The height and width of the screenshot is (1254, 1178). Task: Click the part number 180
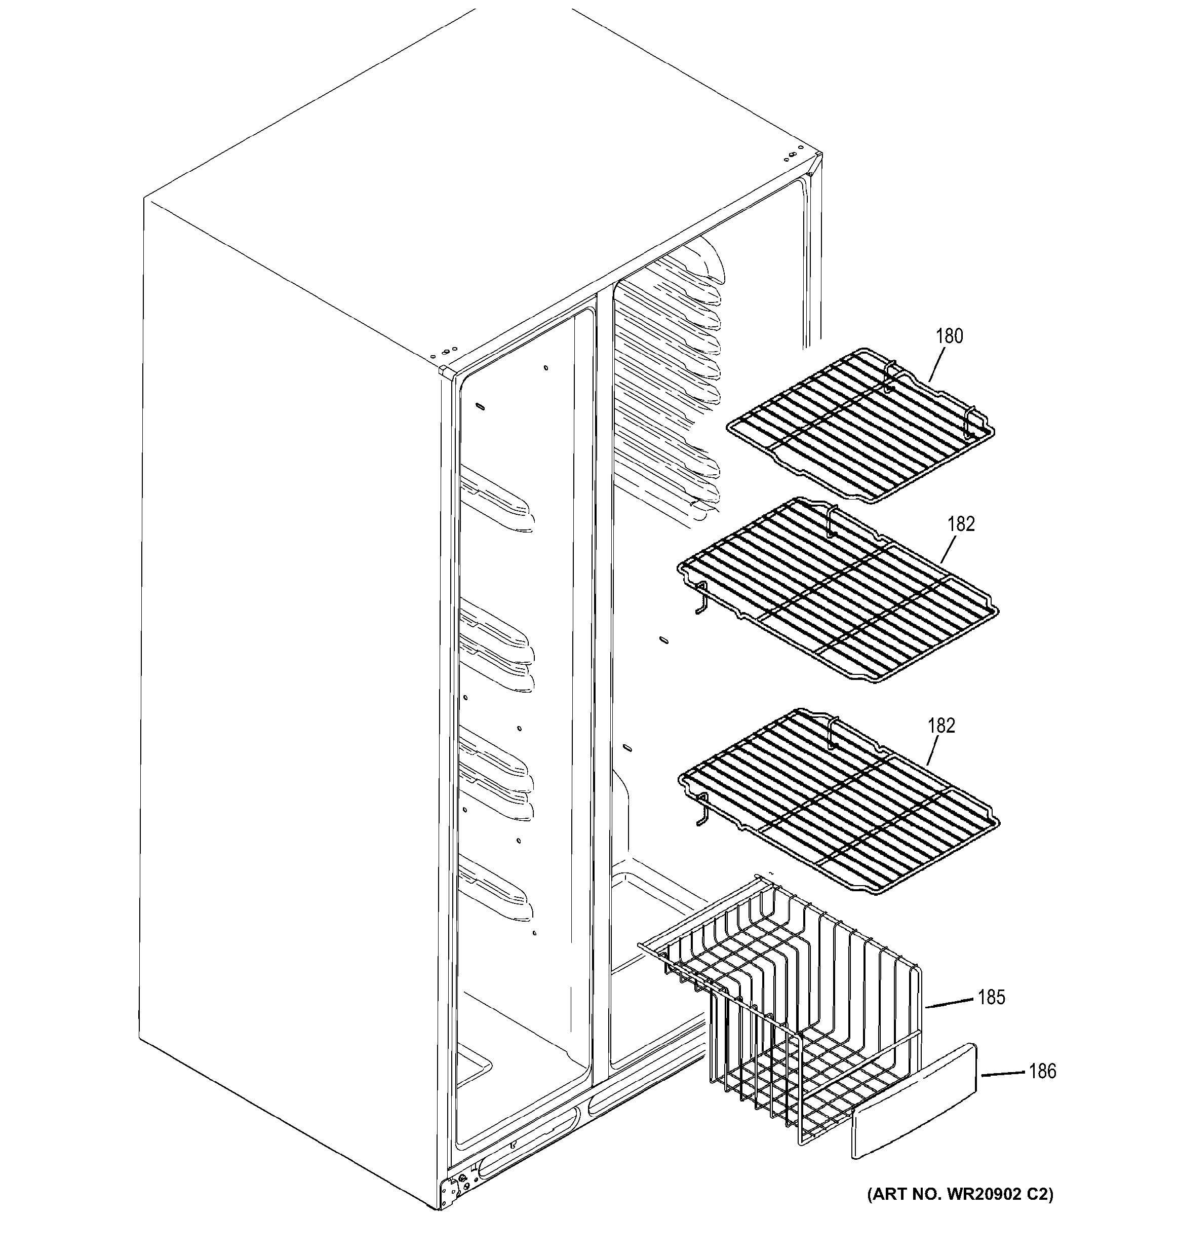pyautogui.click(x=949, y=336)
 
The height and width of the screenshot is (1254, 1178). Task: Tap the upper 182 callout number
pyautogui.click(x=960, y=524)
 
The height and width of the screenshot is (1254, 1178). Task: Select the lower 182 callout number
pyautogui.click(x=941, y=726)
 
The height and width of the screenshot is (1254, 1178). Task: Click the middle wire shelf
pyautogui.click(x=839, y=593)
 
